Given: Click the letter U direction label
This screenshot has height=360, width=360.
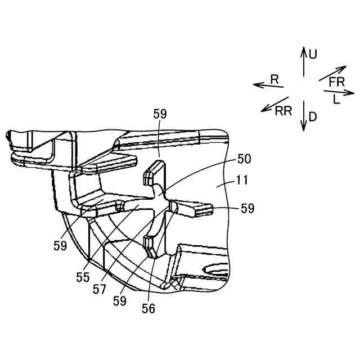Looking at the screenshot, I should [313, 54].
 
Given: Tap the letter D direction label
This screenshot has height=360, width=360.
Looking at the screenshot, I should [313, 117].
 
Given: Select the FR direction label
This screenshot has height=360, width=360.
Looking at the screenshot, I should [336, 82].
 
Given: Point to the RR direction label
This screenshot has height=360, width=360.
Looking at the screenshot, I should [283, 110].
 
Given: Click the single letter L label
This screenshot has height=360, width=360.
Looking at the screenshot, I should [336, 100].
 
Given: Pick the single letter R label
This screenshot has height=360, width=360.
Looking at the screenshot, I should [274, 80].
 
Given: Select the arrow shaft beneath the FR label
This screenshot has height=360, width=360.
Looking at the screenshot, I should [332, 73].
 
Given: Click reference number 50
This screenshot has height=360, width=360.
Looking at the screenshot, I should [244, 159].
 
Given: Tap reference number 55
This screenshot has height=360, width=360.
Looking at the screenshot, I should [83, 277].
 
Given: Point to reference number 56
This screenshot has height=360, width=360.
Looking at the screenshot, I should [148, 308].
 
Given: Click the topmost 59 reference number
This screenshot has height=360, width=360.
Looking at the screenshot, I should [160, 114].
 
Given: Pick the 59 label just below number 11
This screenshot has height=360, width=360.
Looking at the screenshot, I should [247, 209].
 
